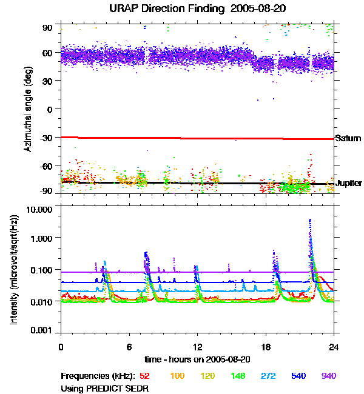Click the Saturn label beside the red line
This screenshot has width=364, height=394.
tap(348, 139)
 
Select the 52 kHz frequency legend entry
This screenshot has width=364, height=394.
tap(144, 376)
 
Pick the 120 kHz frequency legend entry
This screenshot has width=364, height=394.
tap(207, 376)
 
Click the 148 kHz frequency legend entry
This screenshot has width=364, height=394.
tap(238, 376)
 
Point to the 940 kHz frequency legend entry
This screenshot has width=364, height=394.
tap(328, 376)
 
